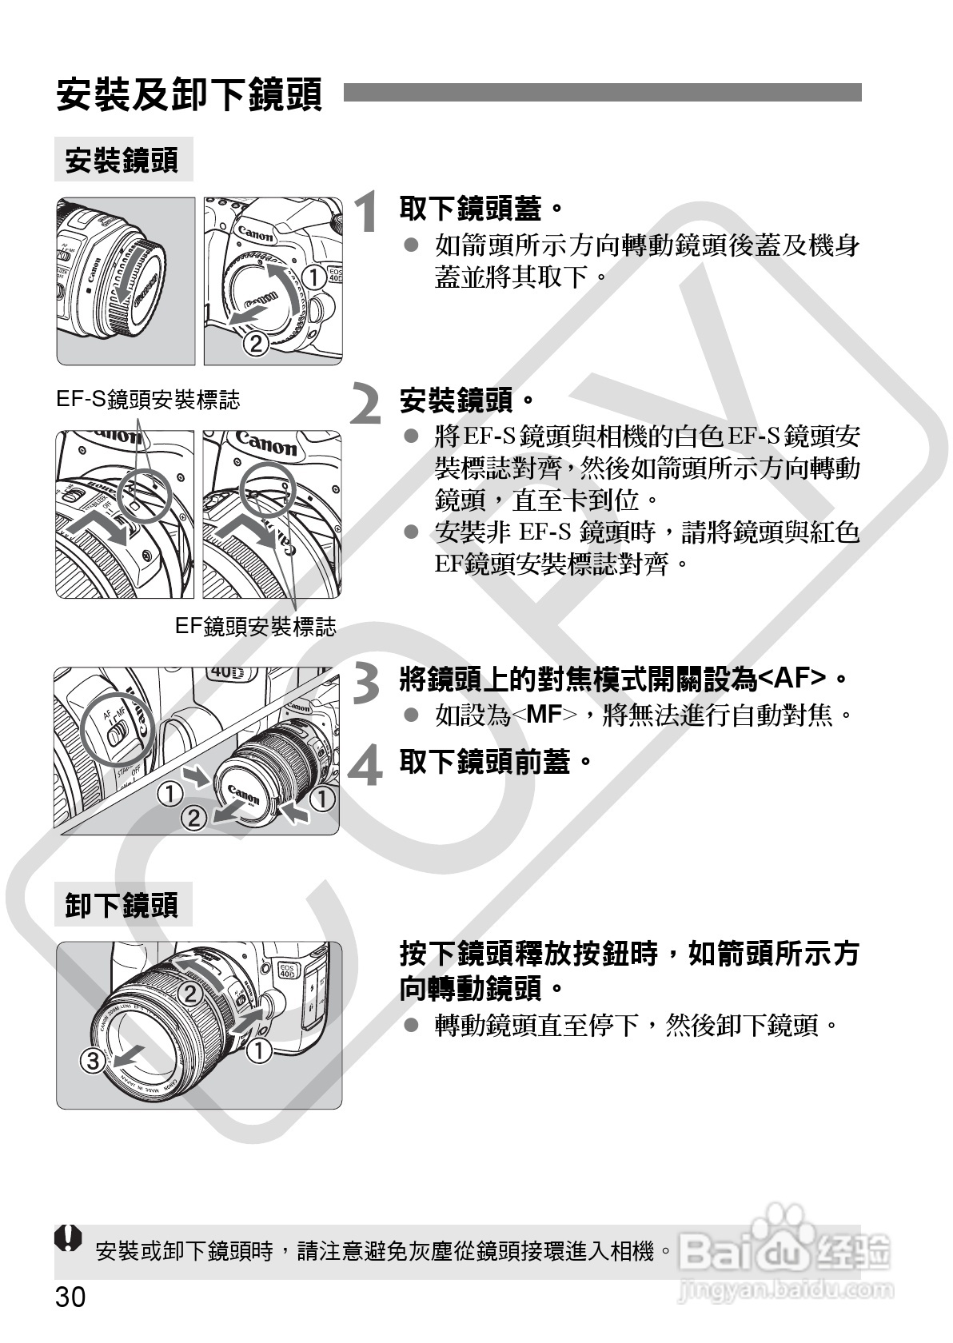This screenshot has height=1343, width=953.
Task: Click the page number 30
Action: [71, 1297]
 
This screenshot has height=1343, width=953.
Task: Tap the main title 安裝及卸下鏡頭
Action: [189, 94]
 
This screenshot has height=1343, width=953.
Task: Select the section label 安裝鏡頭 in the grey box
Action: [122, 160]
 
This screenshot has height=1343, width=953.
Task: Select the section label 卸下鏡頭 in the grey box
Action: [122, 905]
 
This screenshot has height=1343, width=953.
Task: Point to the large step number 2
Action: [365, 403]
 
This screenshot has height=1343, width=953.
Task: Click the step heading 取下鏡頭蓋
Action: [481, 209]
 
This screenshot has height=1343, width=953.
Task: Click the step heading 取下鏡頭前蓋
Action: [496, 761]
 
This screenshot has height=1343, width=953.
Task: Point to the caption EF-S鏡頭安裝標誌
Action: [148, 400]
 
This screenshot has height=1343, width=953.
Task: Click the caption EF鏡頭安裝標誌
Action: [256, 627]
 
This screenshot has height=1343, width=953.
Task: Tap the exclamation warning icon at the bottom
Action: [69, 1237]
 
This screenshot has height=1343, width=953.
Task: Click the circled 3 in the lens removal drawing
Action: [93, 1061]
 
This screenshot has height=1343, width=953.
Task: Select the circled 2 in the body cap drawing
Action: [257, 344]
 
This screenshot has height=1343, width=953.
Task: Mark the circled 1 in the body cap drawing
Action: [313, 277]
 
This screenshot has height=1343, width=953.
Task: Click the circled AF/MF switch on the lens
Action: [118, 728]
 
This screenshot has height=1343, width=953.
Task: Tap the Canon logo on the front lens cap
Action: [243, 795]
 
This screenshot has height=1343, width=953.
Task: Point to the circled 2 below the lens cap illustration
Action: [193, 818]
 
